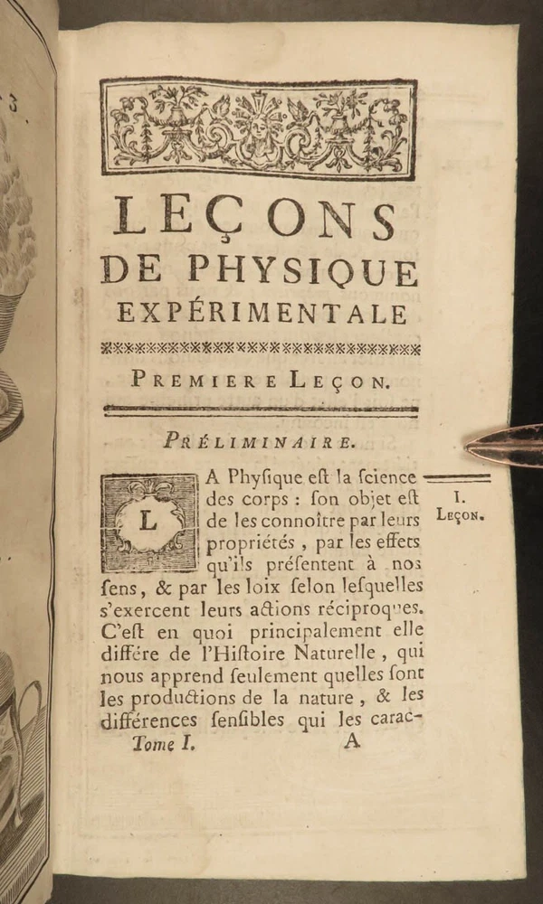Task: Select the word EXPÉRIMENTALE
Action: click(262, 313)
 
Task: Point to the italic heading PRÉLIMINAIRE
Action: click(260, 441)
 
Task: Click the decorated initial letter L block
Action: click(149, 523)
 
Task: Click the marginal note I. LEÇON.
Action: click(461, 507)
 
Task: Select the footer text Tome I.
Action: click(163, 745)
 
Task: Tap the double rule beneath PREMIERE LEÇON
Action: click(261, 410)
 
